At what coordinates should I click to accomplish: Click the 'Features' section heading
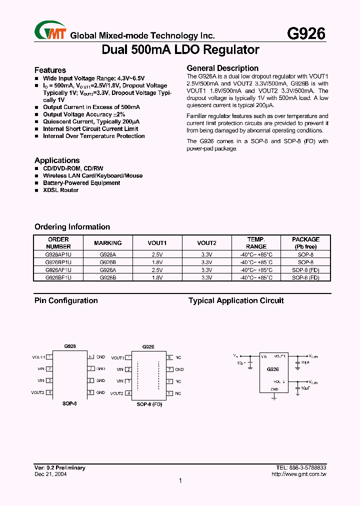pos(50,70)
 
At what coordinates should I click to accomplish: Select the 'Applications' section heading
pos(57,160)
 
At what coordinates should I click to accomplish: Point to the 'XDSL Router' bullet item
pos(60,190)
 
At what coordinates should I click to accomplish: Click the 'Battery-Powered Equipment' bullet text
pos(81,183)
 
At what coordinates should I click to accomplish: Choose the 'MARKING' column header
pos(107,243)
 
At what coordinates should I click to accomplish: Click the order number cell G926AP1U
pos(58,254)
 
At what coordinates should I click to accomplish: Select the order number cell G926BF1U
pos(58,277)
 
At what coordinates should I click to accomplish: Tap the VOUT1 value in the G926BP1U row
pos(157,262)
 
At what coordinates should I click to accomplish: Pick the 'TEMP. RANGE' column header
pos(256,243)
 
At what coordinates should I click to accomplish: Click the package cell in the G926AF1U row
pos(305,269)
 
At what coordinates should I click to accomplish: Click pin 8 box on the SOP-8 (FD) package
pos(169,357)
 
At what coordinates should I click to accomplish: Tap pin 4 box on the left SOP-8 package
pos(49,393)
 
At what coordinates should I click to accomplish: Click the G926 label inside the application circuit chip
pos(272,369)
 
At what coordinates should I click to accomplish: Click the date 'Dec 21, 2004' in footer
pos(50,474)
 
